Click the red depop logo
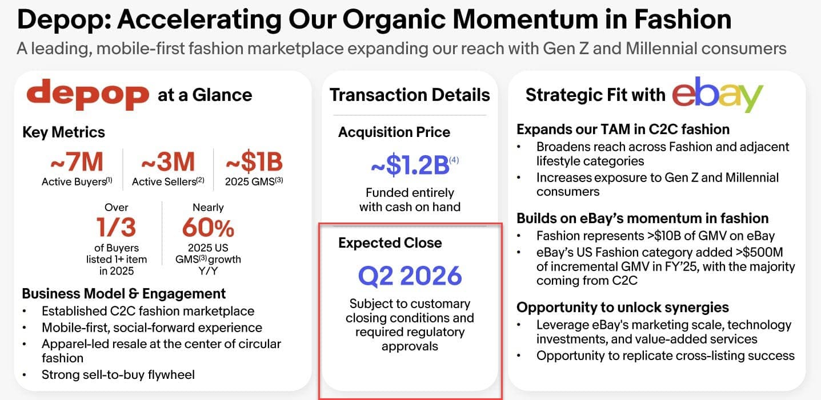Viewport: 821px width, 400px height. click(88, 94)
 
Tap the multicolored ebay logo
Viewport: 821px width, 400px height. click(718, 94)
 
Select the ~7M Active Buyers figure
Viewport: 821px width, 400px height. click(77, 161)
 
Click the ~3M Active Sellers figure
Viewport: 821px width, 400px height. click(168, 161)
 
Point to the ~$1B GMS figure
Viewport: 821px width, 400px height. click(254, 161)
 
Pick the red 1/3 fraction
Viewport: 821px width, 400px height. click(116, 227)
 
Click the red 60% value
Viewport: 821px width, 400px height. click(208, 227)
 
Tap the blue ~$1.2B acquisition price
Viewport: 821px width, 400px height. click(410, 165)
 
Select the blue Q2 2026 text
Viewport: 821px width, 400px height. click(410, 276)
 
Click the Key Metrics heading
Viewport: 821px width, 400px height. click(63, 132)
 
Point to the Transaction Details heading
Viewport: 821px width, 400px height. click(410, 95)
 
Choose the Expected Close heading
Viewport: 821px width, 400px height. click(390, 243)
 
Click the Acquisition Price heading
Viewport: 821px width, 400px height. click(394, 132)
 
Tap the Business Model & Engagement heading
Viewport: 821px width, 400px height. click(124, 293)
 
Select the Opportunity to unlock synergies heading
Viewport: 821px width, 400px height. click(623, 308)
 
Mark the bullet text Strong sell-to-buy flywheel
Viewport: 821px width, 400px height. click(118, 375)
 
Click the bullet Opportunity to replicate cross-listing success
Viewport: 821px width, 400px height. click(665, 355)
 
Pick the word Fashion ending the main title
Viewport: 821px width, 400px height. click(683, 19)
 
